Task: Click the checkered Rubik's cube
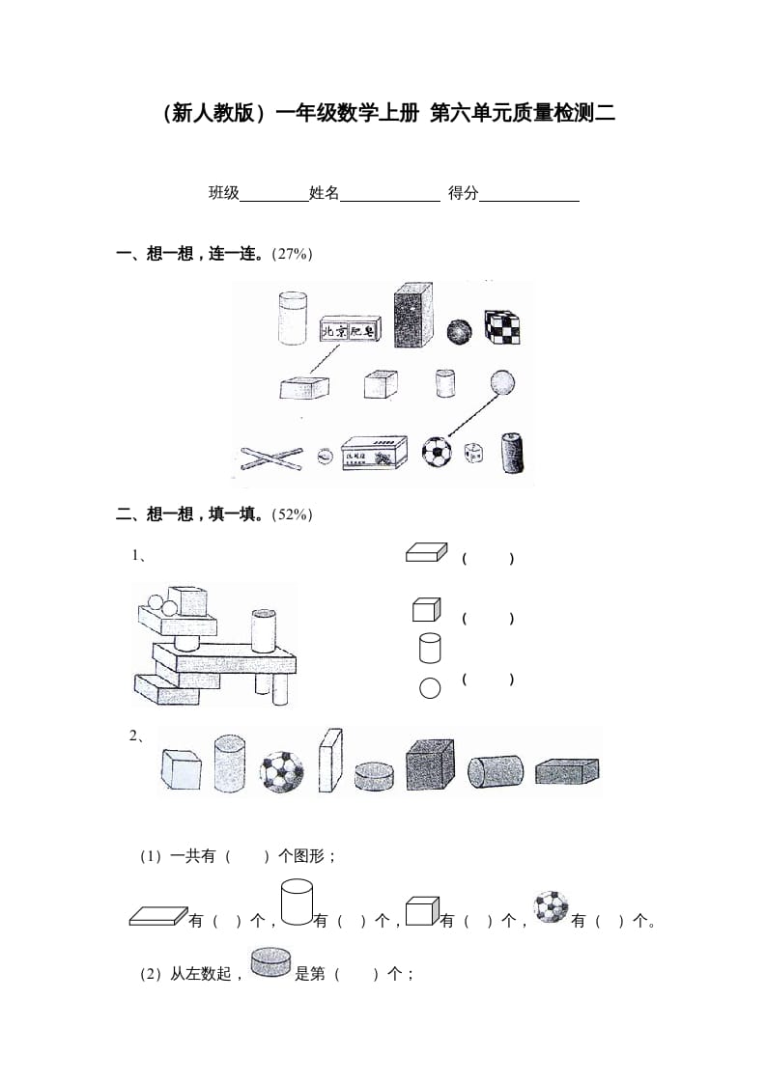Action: point(502,327)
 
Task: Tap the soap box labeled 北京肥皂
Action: point(350,331)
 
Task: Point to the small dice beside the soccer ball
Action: point(473,453)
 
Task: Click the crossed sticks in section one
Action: point(271,455)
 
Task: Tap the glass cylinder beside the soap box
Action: point(292,319)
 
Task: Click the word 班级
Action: point(224,193)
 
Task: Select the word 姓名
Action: point(325,193)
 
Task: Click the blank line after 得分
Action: point(528,195)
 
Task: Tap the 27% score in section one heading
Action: point(293,254)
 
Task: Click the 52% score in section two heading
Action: point(293,514)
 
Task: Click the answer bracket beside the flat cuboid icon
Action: point(488,559)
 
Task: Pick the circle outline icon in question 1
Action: point(430,688)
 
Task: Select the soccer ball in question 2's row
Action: point(281,771)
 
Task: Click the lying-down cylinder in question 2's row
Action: point(495,771)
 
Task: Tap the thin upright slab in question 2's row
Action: point(330,760)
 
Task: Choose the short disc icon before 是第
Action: point(270,961)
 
